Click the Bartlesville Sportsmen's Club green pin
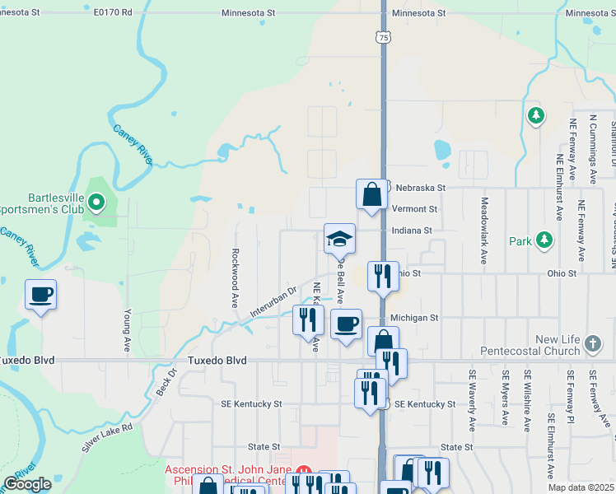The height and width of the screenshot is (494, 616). [96, 201]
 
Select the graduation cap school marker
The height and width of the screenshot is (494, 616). [339, 239]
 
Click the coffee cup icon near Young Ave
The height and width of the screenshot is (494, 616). [40, 294]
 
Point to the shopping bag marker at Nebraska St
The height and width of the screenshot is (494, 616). [371, 195]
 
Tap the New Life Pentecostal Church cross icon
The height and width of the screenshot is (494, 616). [592, 343]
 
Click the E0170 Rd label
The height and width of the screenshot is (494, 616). [112, 14]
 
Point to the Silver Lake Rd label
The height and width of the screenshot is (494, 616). [107, 439]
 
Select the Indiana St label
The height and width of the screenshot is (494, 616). [412, 231]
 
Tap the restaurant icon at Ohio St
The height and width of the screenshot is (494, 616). [381, 276]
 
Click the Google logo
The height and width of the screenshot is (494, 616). [27, 484]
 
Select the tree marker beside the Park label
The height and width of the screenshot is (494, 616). [544, 240]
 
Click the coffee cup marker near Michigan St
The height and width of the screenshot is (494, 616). [347, 324]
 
